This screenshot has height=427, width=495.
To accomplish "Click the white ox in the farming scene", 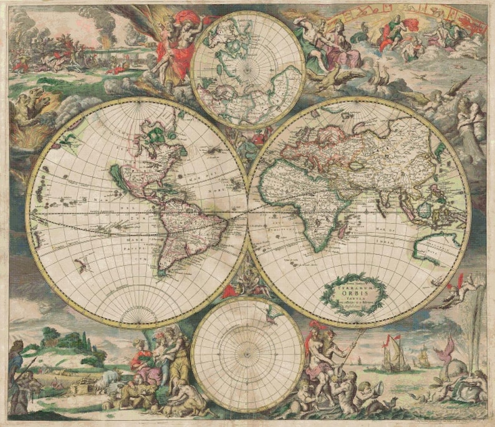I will coord(110,378).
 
